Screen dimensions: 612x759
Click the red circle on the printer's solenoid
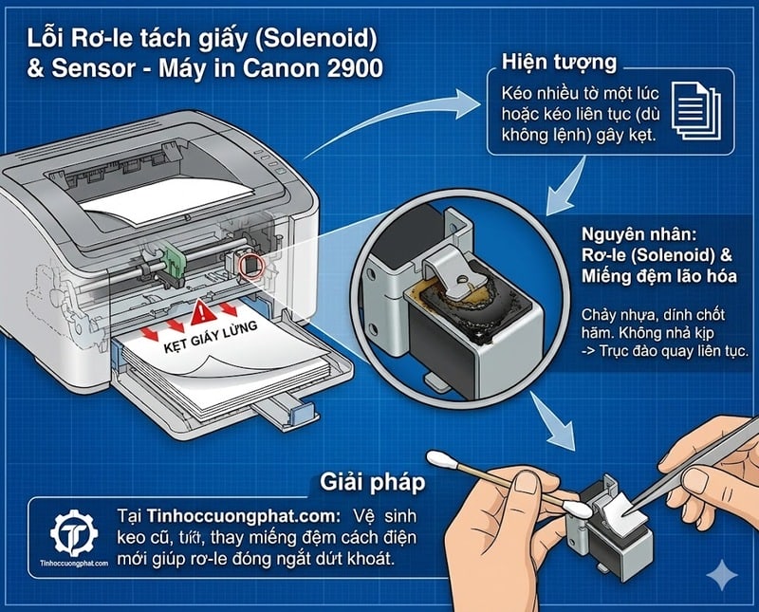[x=250, y=265]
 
